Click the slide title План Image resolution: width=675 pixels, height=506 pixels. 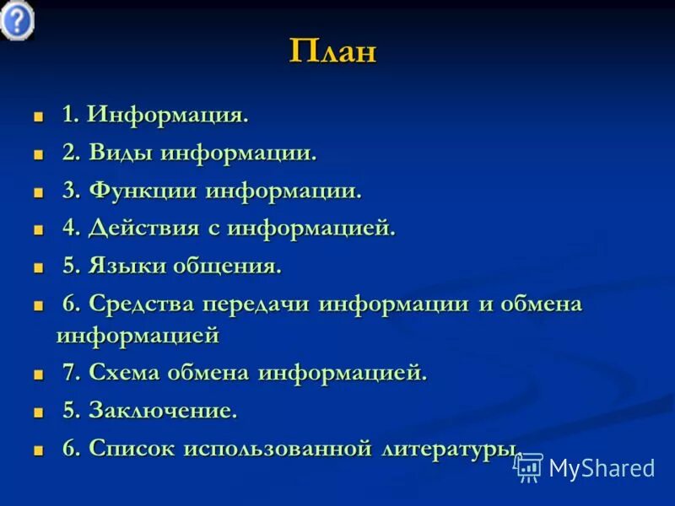pyautogui.click(x=332, y=51)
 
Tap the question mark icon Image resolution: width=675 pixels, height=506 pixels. pyautogui.click(x=17, y=19)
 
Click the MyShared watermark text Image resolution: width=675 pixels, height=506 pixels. pyautogui.click(x=602, y=468)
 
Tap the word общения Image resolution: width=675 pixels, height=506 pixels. pyautogui.click(x=227, y=266)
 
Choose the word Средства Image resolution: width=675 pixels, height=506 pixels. pyautogui.click(x=142, y=304)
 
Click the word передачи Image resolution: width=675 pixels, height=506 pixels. pyautogui.click(x=257, y=304)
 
